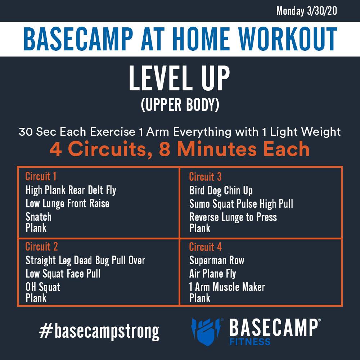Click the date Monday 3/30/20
(306, 11)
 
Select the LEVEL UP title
(179, 78)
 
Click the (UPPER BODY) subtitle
(180, 105)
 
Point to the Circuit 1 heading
(41, 176)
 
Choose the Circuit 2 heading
(41, 246)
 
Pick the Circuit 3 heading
(205, 176)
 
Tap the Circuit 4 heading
(205, 247)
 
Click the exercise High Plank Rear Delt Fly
(71, 190)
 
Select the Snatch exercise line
(39, 217)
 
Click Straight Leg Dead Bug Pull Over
(85, 260)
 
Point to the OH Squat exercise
(43, 287)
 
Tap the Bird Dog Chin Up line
(221, 190)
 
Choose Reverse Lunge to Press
(233, 217)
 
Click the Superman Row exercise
(217, 260)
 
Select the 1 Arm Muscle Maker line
(227, 287)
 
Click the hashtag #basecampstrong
(99, 332)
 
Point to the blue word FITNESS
(250, 342)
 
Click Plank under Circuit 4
(200, 298)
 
